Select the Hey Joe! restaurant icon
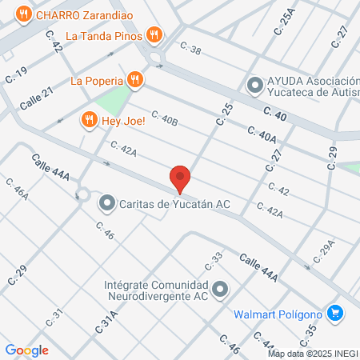coord(89,120)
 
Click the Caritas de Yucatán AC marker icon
coord(106,204)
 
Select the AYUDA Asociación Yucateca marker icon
coord(254,83)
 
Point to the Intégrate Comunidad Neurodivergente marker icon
coord(221,290)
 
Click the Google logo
coord(26,350)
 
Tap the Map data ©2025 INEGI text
coord(313,354)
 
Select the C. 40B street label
coord(163,122)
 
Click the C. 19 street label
coord(16,75)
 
